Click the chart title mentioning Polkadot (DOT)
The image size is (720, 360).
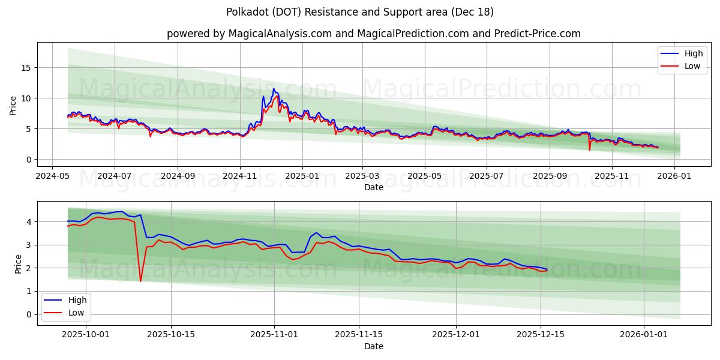point(360,12)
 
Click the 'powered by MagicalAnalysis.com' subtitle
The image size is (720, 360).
point(373,34)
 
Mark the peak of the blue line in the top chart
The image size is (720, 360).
point(274,88)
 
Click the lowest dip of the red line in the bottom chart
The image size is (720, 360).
point(140,281)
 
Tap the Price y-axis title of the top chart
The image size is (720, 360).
point(13,104)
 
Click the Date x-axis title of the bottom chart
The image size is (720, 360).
point(373,346)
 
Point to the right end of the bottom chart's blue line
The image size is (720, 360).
point(547,269)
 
